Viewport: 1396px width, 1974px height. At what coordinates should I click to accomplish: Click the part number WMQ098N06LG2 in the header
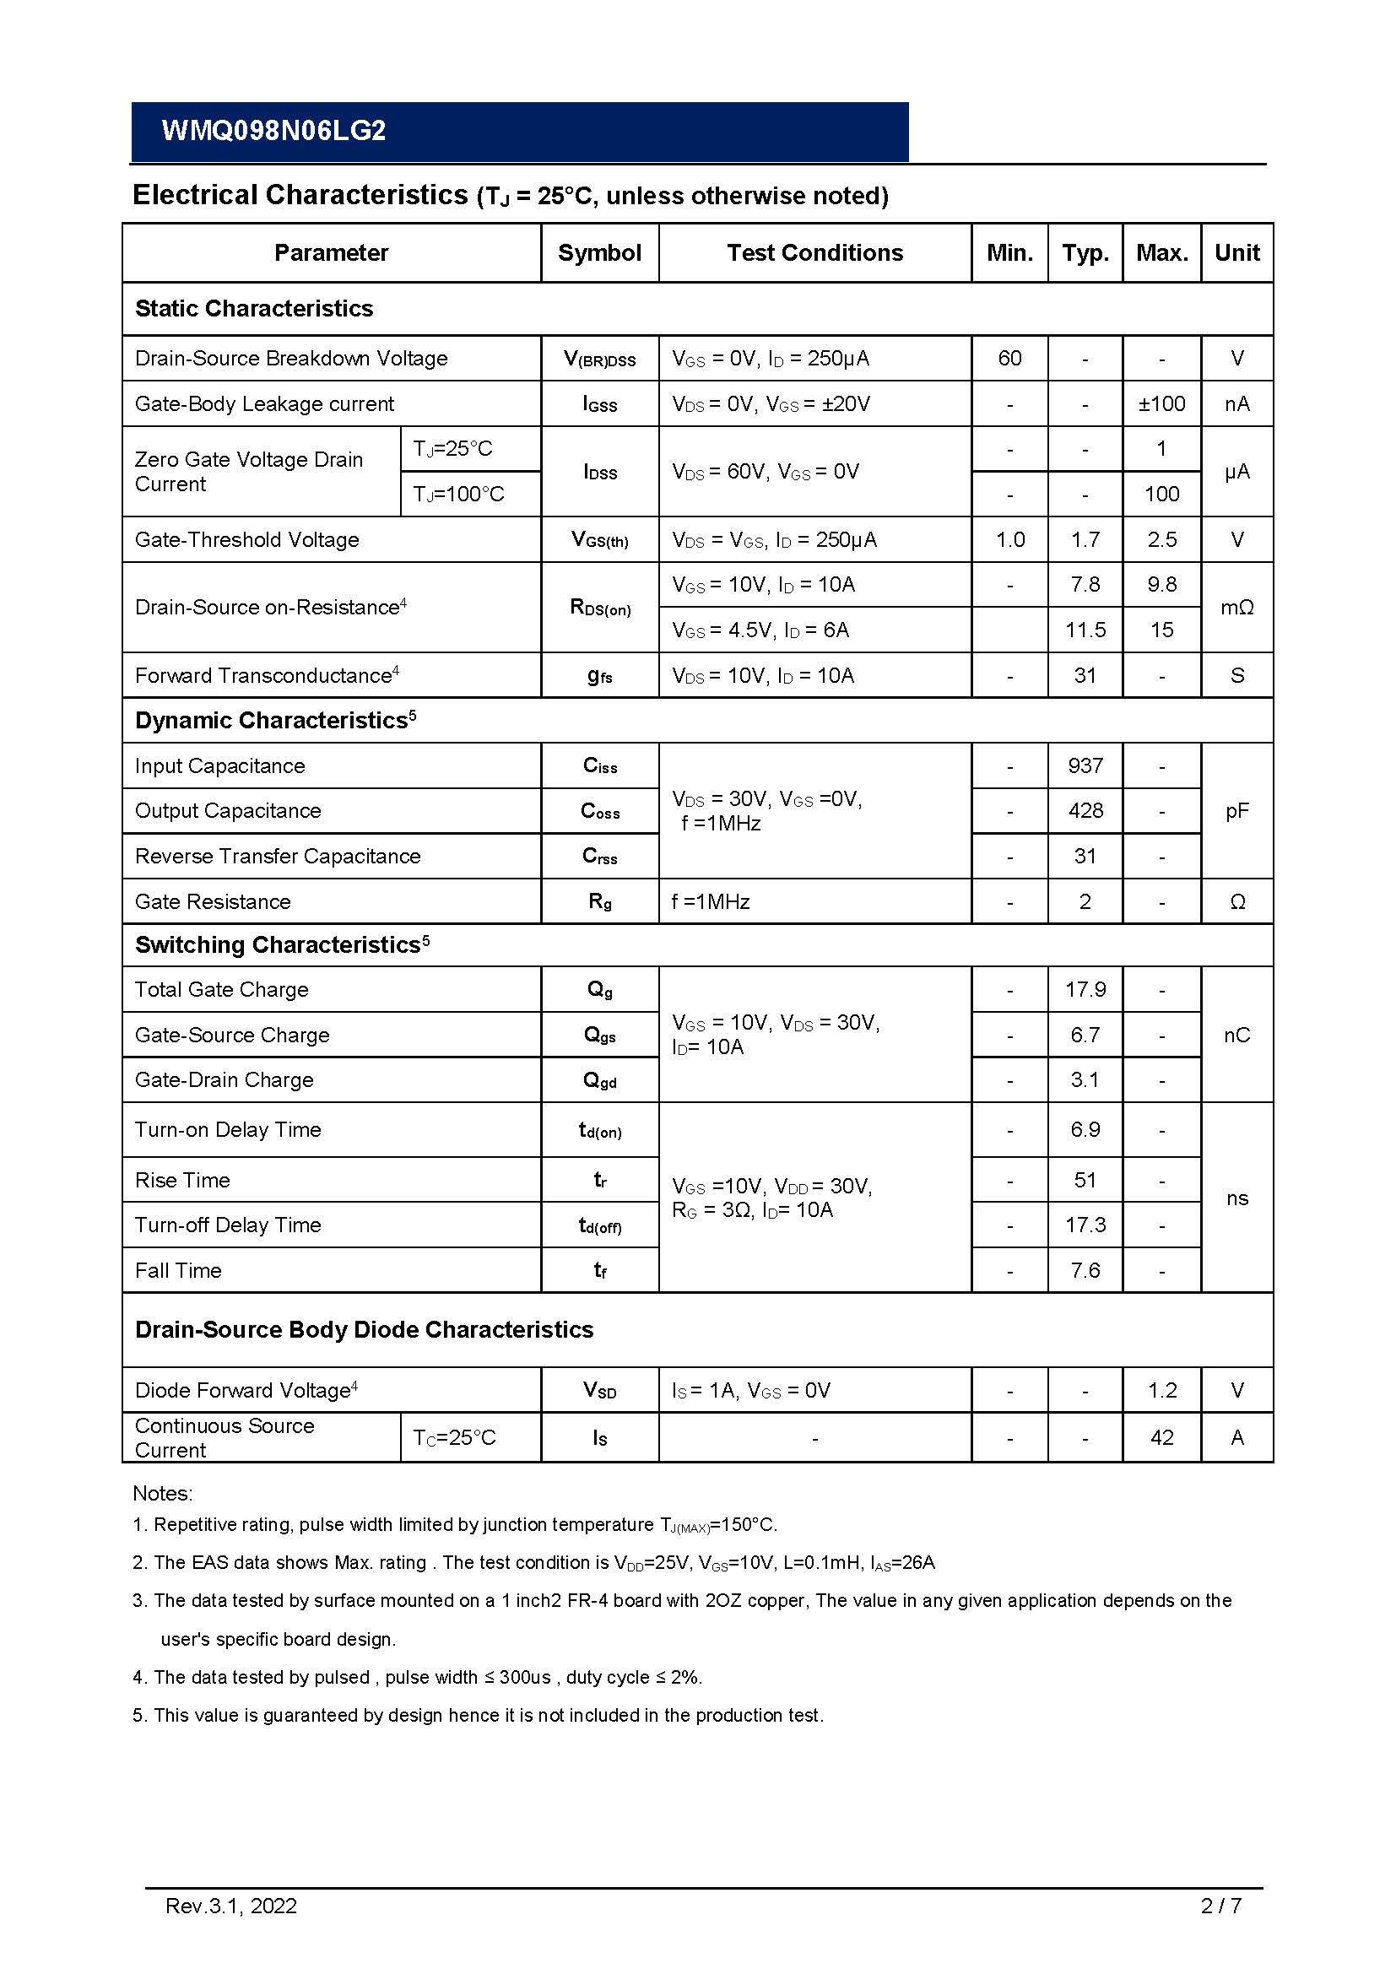click(x=273, y=131)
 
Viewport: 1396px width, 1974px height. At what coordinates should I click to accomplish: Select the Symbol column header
click(x=599, y=253)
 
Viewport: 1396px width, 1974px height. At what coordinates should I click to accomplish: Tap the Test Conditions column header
click(x=814, y=253)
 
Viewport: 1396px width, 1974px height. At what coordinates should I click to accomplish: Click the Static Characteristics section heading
click(x=253, y=309)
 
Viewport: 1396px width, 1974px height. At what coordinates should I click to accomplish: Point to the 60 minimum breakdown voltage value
click(x=1009, y=359)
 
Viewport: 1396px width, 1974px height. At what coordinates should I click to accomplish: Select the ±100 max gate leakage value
click(x=1161, y=404)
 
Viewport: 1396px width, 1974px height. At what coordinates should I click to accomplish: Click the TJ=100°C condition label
click(x=458, y=495)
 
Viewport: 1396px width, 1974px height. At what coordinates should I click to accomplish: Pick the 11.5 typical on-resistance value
click(x=1085, y=630)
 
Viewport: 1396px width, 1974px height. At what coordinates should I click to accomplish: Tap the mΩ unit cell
click(x=1236, y=608)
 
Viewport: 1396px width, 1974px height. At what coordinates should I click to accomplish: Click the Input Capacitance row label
click(x=219, y=766)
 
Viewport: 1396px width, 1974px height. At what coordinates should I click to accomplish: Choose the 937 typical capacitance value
click(x=1085, y=766)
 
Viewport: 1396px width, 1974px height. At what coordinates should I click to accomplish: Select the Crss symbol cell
click(x=599, y=857)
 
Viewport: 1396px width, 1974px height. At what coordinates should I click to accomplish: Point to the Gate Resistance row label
click(x=213, y=902)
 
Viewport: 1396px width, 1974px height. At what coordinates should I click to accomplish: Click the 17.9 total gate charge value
click(x=1085, y=990)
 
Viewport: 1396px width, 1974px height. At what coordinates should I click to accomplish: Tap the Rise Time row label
click(x=182, y=1181)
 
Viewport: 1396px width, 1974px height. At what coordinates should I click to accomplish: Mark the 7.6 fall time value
click(x=1085, y=1271)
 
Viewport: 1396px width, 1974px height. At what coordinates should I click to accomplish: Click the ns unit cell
click(x=1236, y=1198)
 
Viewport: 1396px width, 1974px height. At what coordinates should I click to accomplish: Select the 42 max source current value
click(x=1161, y=1437)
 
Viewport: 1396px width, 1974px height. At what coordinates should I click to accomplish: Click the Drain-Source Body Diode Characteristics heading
click(x=364, y=1330)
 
